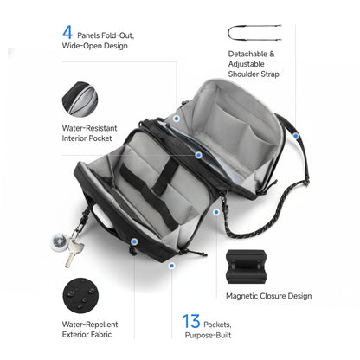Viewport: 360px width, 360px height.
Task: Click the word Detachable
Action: click(x=240, y=54)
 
